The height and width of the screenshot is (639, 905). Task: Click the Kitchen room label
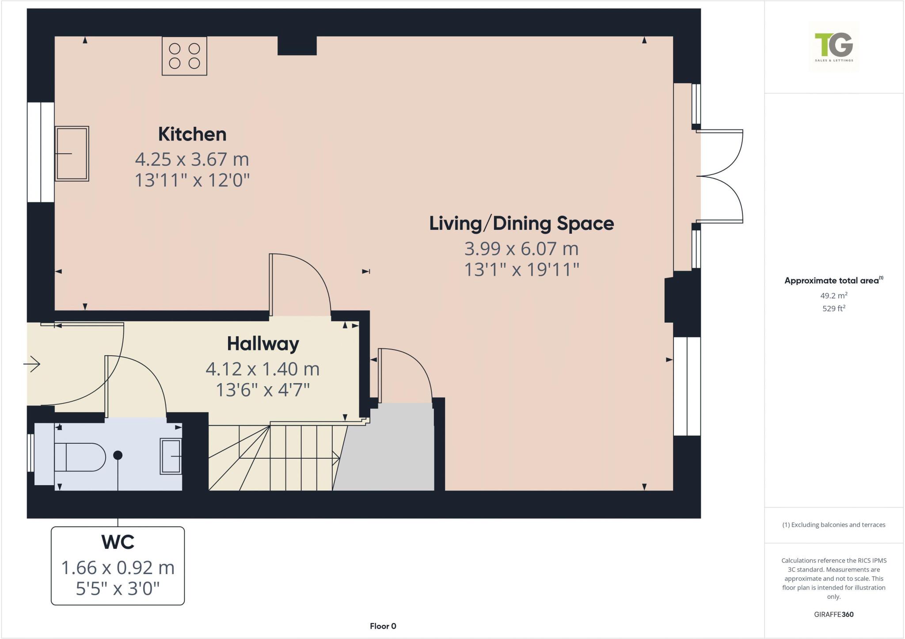192,134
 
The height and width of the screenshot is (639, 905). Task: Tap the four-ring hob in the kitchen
184,56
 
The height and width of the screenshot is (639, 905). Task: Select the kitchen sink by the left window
72,153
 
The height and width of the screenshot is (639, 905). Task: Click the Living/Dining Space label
521,224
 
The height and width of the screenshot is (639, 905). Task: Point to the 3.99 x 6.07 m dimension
521,249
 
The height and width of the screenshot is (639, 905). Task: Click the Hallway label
263,344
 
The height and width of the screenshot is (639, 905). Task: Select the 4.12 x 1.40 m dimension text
262,369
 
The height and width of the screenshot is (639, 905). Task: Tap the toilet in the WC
80,457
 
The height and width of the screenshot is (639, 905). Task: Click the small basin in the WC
171,456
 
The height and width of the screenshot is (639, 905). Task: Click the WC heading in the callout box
118,542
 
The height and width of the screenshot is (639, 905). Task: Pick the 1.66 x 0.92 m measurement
118,568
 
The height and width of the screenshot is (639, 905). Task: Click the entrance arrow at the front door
32,364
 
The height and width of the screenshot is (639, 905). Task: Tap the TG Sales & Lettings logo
834,47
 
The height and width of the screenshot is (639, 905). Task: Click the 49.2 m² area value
833,296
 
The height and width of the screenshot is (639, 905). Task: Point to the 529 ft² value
833,308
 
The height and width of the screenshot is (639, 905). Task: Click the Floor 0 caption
383,626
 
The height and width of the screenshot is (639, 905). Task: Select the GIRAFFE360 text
833,614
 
